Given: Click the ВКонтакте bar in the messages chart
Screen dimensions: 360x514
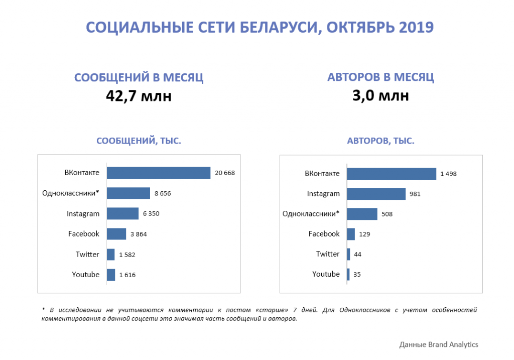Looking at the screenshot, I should pyautogui.click(x=159, y=173).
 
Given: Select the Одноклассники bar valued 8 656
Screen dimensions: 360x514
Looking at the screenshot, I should pyautogui.click(x=128, y=193).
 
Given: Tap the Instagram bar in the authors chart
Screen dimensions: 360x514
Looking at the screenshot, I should pyautogui.click(x=376, y=194).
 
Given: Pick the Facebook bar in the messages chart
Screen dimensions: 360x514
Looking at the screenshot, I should pyautogui.click(x=116, y=234).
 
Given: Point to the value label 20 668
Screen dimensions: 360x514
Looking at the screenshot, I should pyautogui.click(x=225, y=173).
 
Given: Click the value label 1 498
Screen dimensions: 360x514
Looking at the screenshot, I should pyautogui.click(x=448, y=174).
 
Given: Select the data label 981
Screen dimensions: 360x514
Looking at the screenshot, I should pyautogui.click(x=415, y=194).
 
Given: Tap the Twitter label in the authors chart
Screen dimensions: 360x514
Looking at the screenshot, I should pyautogui.click(x=328, y=254).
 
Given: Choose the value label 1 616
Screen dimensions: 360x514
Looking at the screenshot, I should pyautogui.click(x=127, y=275).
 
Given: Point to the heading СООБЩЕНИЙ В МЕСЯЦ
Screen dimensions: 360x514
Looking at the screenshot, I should pyautogui.click(x=139, y=78).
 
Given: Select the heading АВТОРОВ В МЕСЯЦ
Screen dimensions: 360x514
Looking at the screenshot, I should pyautogui.click(x=380, y=77).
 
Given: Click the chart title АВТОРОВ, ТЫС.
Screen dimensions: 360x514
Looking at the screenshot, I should pyautogui.click(x=380, y=141).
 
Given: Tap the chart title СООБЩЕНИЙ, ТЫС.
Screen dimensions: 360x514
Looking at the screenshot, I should pyautogui.click(x=139, y=141).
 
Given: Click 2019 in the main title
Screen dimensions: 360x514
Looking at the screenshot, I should pyautogui.click(x=416, y=27).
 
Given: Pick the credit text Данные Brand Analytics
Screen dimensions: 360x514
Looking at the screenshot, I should pyautogui.click(x=438, y=344).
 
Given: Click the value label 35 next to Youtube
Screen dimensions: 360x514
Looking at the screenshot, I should pyautogui.click(x=357, y=275).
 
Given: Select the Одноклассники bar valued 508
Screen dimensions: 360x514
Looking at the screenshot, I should pyautogui.click(x=362, y=214).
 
